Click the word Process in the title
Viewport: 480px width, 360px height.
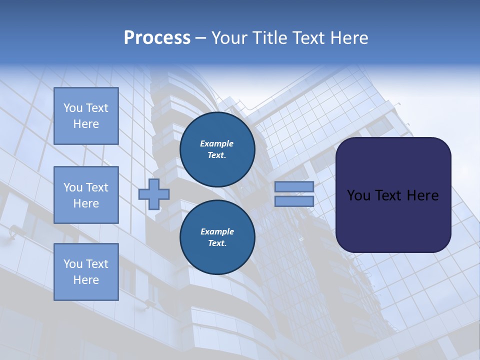(x=157, y=38)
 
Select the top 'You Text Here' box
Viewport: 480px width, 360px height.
(x=86, y=116)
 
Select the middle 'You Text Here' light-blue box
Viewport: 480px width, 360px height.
(x=86, y=195)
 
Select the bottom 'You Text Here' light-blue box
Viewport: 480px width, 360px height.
(x=86, y=272)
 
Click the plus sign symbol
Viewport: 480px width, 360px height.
(x=154, y=194)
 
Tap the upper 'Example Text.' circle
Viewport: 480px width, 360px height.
(x=217, y=149)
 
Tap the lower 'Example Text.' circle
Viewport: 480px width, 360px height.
(x=217, y=237)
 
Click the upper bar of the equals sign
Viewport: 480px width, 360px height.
(x=294, y=186)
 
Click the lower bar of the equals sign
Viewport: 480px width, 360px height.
(x=294, y=201)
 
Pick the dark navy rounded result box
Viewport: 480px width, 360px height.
(x=393, y=220)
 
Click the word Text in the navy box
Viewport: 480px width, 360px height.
(x=389, y=195)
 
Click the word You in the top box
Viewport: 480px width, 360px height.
(x=73, y=108)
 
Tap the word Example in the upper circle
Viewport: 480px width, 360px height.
(x=216, y=143)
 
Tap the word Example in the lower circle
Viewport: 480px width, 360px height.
(x=217, y=231)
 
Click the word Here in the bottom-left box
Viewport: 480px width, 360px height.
(x=86, y=280)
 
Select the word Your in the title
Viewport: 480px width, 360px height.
(x=231, y=38)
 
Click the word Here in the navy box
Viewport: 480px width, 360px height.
(x=422, y=195)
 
